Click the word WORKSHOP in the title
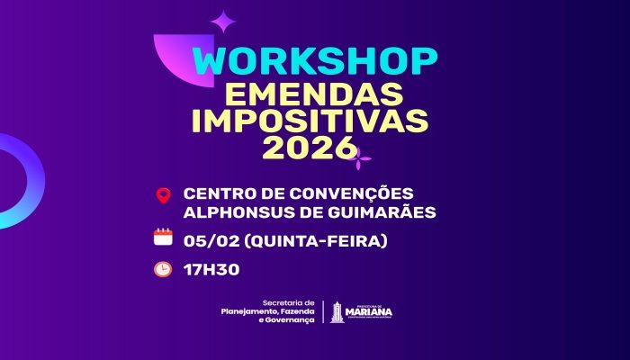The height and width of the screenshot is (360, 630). pos(315,61)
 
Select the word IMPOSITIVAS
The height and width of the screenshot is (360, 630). pos(315,121)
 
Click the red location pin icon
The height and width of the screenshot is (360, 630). pos(163,195)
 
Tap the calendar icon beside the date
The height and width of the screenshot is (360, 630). pos(163,238)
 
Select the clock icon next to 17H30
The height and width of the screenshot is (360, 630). pos(163,268)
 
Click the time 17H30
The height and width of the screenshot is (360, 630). pos(211,268)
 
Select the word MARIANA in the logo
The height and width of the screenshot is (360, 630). pos(369,313)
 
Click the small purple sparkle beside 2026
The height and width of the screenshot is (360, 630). pos(360,160)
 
